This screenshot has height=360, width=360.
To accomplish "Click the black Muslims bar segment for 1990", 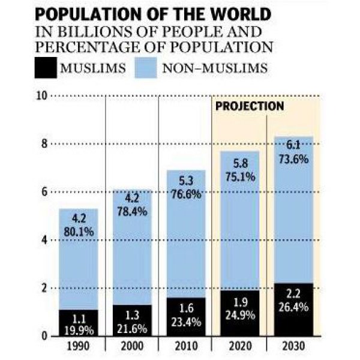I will [x=79, y=322].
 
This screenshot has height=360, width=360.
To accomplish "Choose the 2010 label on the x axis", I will [x=185, y=347].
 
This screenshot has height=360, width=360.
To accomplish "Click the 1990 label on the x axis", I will [x=79, y=347].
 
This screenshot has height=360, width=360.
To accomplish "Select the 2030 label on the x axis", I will [x=292, y=347].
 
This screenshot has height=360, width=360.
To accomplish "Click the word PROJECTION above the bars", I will [x=249, y=106].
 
